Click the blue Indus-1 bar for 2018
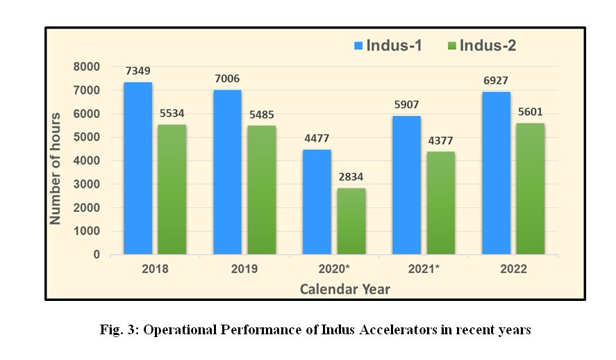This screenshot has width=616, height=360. (138, 168)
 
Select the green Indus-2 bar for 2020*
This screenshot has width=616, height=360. (351, 221)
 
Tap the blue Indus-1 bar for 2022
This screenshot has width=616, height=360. (496, 173)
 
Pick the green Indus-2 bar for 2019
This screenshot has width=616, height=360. (261, 190)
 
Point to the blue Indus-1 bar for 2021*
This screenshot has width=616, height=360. (406, 185)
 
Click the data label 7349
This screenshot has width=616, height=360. (138, 71)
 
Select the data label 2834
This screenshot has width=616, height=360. (351, 177)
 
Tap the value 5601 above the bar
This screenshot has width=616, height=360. (529, 112)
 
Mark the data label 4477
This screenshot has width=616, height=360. (317, 138)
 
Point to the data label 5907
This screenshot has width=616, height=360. (406, 105)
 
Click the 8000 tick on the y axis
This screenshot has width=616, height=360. (86, 67)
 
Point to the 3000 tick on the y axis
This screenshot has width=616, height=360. (86, 184)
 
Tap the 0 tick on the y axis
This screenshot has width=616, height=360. (96, 255)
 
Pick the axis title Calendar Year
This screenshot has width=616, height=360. (344, 288)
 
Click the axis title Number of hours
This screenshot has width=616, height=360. (56, 167)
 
